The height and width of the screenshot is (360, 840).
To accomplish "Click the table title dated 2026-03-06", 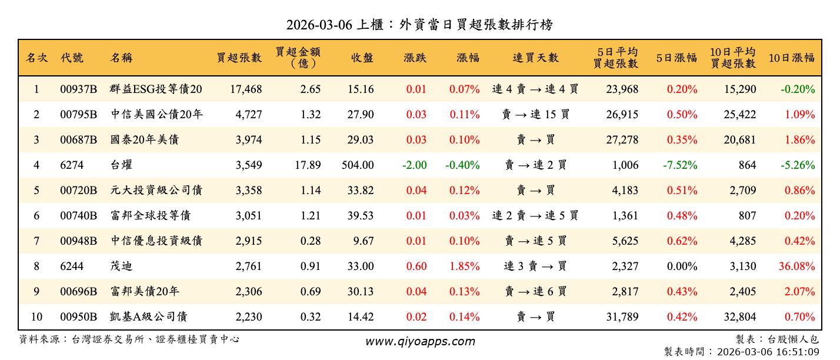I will coord(419,25).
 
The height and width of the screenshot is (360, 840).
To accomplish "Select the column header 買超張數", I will coord(239,58).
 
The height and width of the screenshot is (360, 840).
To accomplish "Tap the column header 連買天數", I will coord(535,58).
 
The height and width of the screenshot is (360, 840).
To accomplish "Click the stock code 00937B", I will coord(78,89).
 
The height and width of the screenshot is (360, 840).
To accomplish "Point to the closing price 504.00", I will coord(358,165).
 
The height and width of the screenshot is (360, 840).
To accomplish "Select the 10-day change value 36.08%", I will coord(796,266).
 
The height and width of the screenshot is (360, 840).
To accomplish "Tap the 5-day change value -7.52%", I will coord(680,165).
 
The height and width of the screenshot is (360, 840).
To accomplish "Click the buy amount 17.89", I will coord(308,165).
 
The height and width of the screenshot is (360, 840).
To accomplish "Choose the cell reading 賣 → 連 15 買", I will coord(535,115).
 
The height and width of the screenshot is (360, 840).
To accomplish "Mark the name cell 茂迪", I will coord(121,266).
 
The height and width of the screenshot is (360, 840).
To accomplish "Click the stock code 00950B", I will coord(78,317).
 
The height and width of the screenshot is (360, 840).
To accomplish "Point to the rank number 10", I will coord(36,317).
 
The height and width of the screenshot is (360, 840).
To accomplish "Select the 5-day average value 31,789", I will coord(622,317).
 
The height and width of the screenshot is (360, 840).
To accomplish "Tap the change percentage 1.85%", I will coord(464,266).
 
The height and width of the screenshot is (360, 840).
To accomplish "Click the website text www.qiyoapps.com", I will coord(419,341).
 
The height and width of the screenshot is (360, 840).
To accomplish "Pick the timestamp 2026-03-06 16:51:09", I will coord(767,352).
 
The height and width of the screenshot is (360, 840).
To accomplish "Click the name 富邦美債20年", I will coord(145,292).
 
